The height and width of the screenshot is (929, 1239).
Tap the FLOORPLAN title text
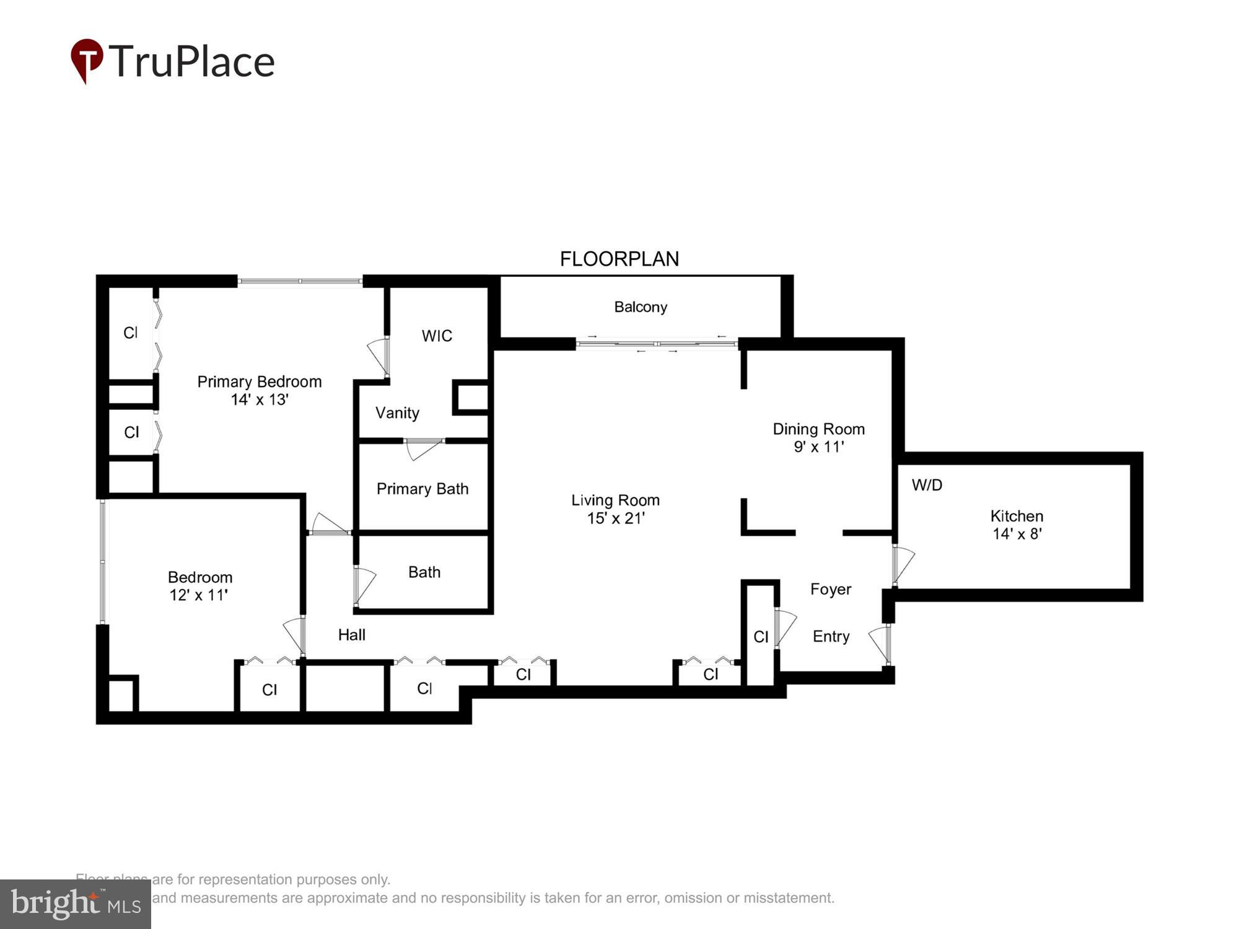tap(619, 259)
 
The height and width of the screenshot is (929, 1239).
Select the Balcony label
tap(640, 307)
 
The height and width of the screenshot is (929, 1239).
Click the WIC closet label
tap(437, 336)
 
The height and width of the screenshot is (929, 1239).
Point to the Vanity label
tap(397, 413)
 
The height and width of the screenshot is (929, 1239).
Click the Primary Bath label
tap(422, 489)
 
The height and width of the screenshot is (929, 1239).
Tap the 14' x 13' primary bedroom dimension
tap(260, 399)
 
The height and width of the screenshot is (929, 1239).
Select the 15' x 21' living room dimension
tap(615, 518)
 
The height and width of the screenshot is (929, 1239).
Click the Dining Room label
tap(818, 429)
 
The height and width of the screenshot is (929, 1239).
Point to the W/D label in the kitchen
tap(927, 485)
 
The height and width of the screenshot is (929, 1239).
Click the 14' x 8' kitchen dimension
tap(1017, 534)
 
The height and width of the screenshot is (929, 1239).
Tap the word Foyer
tap(830, 589)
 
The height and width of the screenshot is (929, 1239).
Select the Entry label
tap(831, 636)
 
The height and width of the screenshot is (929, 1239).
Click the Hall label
tap(351, 635)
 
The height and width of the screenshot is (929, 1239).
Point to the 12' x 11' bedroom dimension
tap(199, 595)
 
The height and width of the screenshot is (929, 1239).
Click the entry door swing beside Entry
tap(880, 643)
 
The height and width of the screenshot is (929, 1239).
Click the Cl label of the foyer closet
tap(761, 637)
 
